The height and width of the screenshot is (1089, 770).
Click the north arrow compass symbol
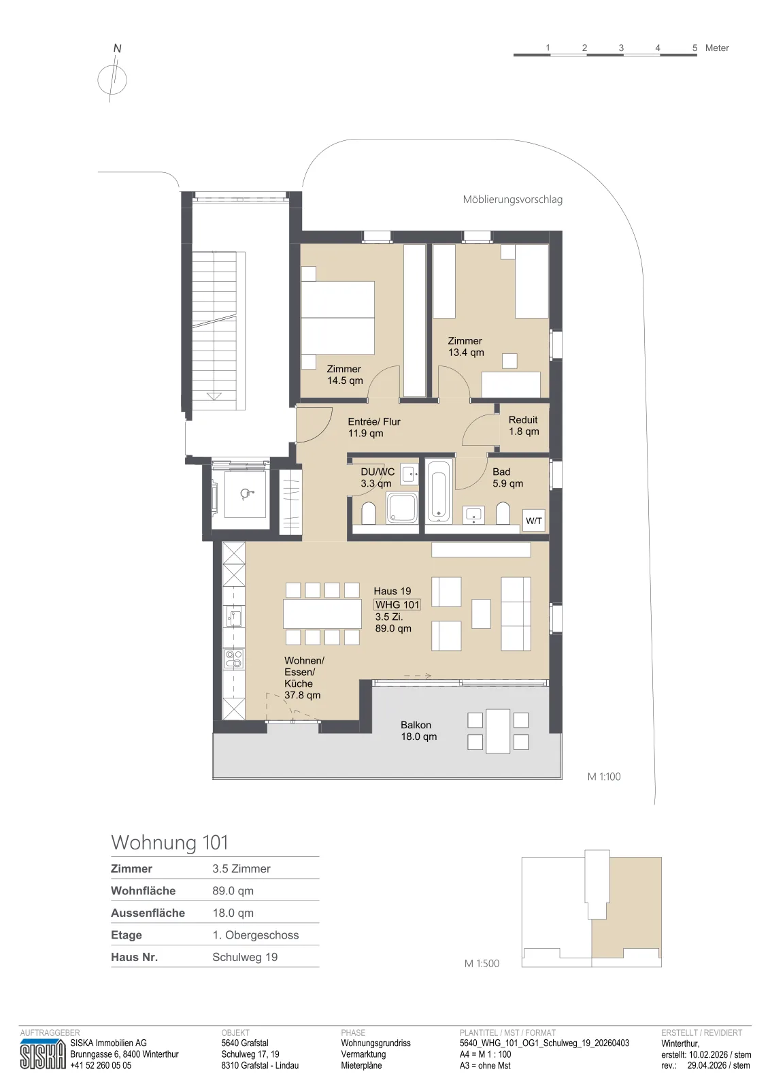[x=112, y=79]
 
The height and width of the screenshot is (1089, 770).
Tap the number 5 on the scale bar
[x=694, y=48]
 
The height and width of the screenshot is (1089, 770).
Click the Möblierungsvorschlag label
[x=512, y=199]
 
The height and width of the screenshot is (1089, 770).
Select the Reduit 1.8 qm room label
[x=524, y=425]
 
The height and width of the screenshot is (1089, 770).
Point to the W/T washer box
[x=534, y=521]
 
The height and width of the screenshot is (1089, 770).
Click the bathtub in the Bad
[x=439, y=491]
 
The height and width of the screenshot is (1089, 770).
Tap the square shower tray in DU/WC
[x=402, y=508]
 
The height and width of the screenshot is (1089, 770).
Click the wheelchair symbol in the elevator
[x=246, y=494]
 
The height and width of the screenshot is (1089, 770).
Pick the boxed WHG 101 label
[x=397, y=604]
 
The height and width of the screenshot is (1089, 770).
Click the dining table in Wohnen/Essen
[x=322, y=614]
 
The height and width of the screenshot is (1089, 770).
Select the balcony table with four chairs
[x=498, y=731]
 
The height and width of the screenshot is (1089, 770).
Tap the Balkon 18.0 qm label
[x=418, y=731]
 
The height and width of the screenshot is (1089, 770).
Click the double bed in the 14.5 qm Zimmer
[x=337, y=317]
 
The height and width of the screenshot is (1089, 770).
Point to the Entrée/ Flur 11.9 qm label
[x=374, y=427]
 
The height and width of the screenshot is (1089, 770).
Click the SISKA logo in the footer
[x=43, y=1054]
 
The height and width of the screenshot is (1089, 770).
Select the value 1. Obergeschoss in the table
[x=256, y=935]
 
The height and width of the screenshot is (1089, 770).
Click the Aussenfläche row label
[x=148, y=913]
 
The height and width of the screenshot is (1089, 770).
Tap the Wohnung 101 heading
[x=169, y=843]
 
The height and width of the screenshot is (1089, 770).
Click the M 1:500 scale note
[x=482, y=964]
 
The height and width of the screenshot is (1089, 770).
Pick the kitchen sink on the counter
[x=234, y=617]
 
